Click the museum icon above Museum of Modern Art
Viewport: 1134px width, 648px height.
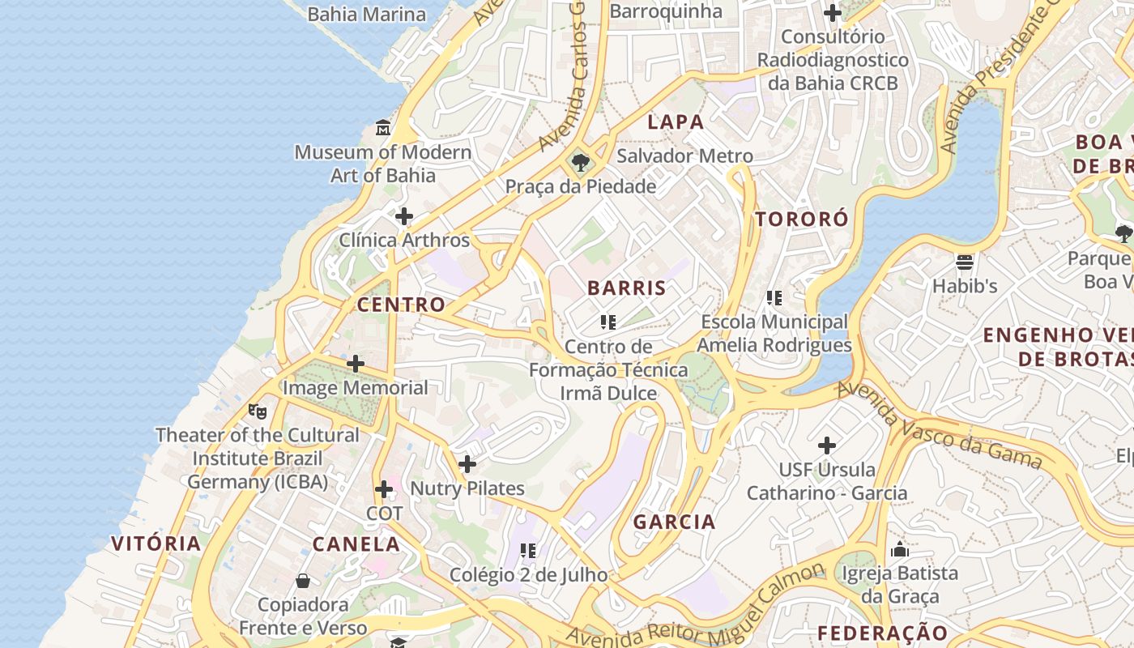point(383,128)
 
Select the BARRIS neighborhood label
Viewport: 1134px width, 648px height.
point(627,288)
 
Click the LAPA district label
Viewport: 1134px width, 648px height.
point(676,122)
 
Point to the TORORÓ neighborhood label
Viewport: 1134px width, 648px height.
point(802,219)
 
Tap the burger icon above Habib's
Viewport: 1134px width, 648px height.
point(964,262)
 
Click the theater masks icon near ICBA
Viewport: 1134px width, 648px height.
point(258,411)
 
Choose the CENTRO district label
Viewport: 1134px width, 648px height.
point(401,305)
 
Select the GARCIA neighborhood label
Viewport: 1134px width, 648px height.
point(674,522)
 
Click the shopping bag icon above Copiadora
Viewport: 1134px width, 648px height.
point(303,580)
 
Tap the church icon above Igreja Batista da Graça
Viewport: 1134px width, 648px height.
point(900,549)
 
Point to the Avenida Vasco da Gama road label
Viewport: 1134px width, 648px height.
point(939,424)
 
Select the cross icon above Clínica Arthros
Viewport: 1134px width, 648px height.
point(403,216)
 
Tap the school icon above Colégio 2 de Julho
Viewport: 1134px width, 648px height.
point(528,551)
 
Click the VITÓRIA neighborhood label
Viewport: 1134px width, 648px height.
point(156,543)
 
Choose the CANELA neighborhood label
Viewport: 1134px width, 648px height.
point(356,544)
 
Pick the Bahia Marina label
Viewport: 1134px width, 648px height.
point(367,14)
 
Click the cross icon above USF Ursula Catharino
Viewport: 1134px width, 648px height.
point(827,446)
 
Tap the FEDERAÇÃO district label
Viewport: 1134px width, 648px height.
point(882,633)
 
